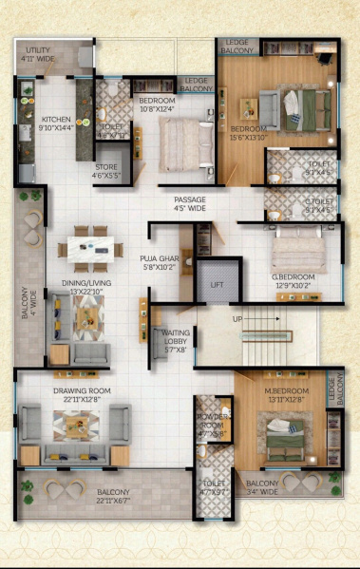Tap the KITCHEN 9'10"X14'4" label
click(x=56, y=124)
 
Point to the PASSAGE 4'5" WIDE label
click(x=190, y=203)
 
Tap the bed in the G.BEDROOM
click(x=298, y=252)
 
